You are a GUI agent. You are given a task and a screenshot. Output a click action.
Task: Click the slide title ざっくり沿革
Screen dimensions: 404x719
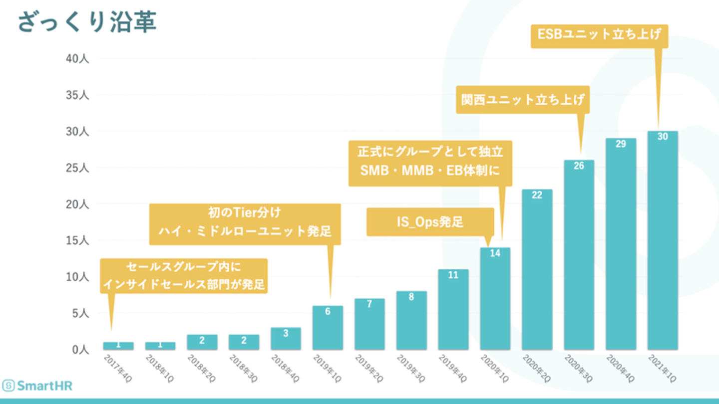(87, 23)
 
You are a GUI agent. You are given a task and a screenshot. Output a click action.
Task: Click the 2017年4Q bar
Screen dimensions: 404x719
(118, 346)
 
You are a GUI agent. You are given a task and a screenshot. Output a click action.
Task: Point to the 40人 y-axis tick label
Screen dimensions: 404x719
(77, 58)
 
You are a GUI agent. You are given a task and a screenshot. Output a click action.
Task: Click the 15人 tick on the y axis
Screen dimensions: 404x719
(77, 240)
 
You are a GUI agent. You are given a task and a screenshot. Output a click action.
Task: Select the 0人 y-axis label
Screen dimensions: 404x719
(79, 350)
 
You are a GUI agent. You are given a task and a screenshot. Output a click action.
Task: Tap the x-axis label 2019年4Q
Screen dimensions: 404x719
(453, 369)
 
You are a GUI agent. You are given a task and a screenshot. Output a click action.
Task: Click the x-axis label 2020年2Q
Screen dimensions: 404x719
(537, 369)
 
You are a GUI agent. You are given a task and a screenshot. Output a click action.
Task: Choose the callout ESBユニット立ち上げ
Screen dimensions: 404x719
(599, 34)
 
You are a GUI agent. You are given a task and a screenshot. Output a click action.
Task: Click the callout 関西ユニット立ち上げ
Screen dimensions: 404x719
(522, 99)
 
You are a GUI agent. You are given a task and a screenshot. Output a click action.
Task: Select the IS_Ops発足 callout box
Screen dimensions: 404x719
(430, 222)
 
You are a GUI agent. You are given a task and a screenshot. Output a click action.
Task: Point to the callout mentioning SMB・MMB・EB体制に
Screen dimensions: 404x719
(430, 163)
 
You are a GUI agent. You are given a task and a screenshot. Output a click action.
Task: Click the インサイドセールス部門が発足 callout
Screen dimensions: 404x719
(183, 275)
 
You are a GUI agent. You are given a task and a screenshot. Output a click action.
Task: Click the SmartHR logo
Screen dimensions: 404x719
(37, 385)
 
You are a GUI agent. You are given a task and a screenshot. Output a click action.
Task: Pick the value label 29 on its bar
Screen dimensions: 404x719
(621, 144)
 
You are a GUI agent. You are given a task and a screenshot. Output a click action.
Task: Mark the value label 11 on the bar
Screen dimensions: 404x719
(453, 275)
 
